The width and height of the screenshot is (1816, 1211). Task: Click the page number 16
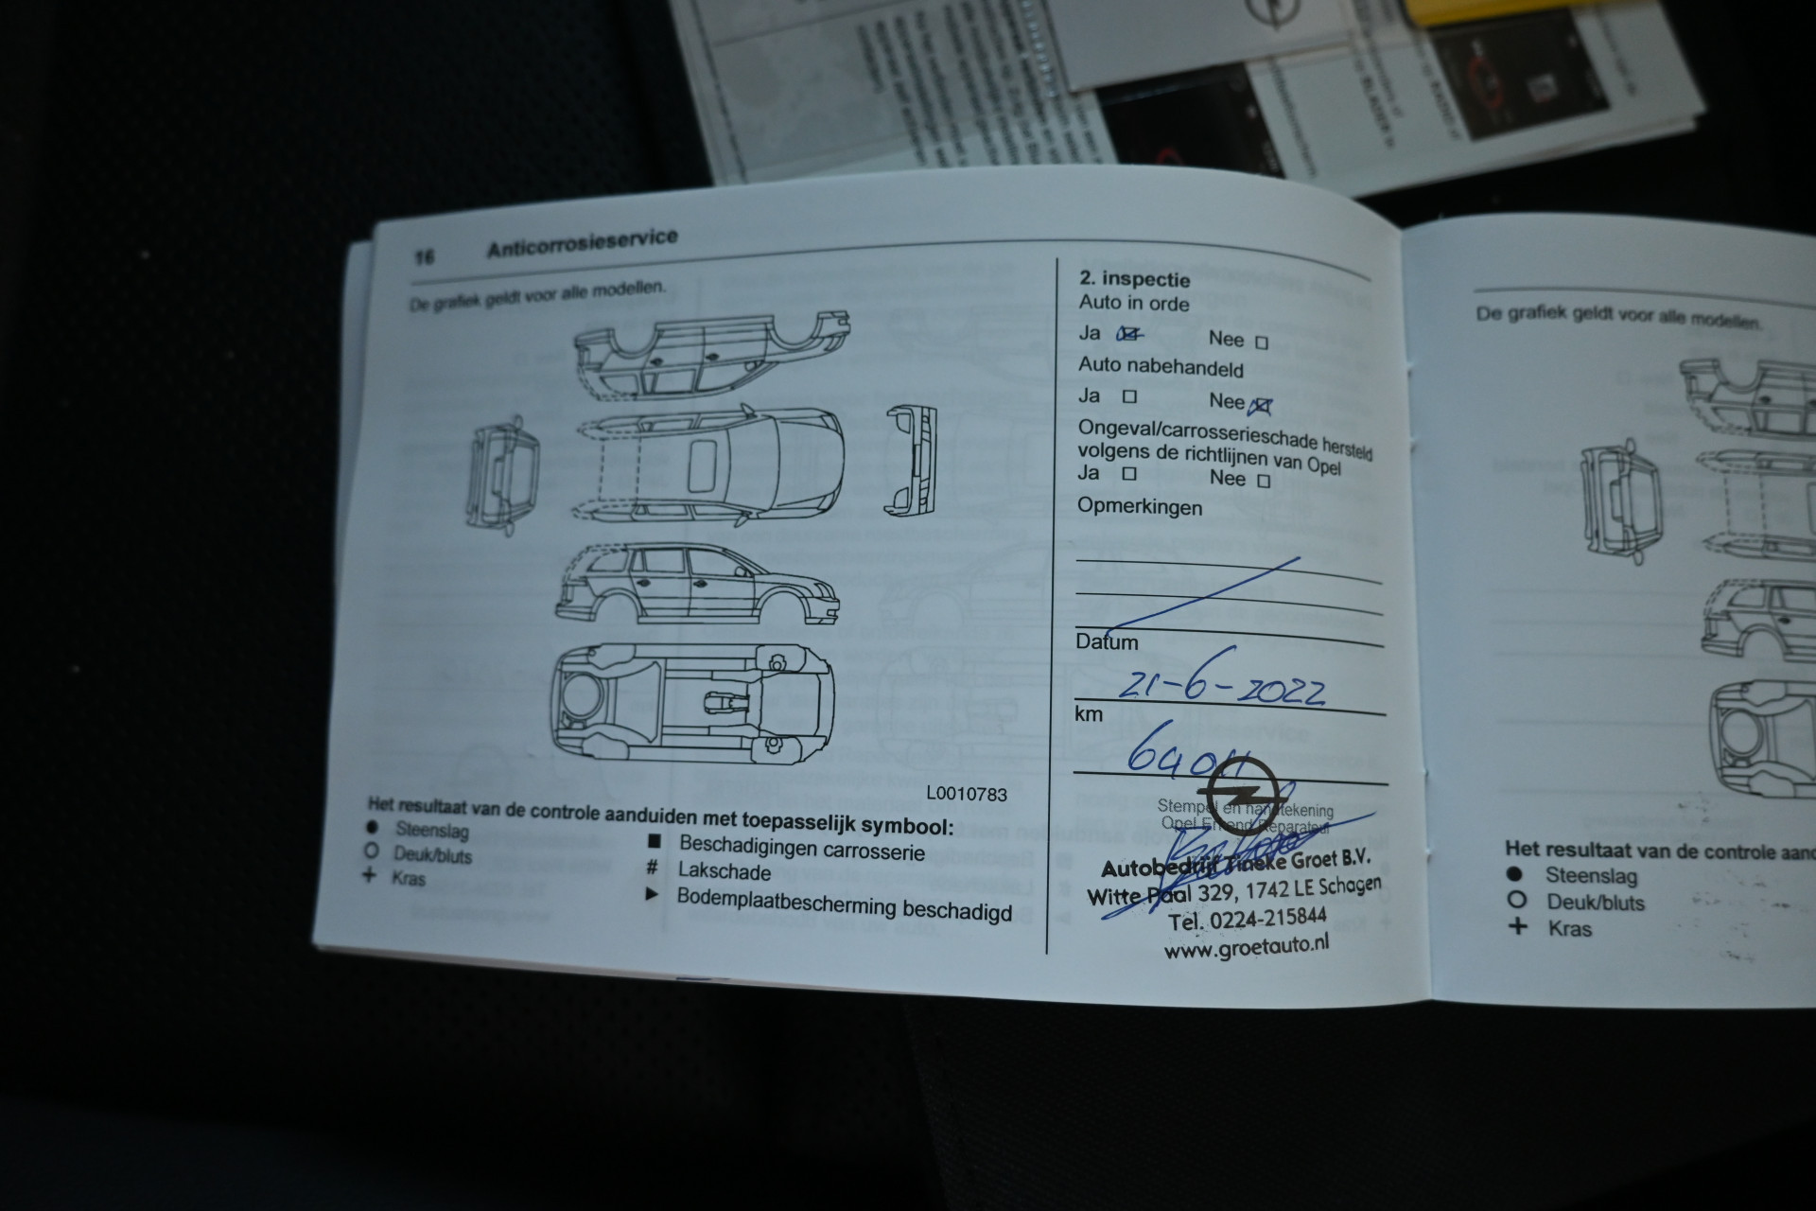click(424, 256)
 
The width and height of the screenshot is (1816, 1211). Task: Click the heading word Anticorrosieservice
click(582, 242)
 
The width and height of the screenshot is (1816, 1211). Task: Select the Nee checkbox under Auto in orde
click(1261, 342)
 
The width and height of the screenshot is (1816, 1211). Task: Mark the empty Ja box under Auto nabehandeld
click(1129, 397)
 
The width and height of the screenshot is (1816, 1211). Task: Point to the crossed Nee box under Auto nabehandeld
click(1260, 407)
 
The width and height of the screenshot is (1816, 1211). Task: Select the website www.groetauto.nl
click(1246, 946)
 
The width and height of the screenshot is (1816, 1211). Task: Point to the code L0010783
click(966, 794)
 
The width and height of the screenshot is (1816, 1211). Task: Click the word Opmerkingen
click(1140, 507)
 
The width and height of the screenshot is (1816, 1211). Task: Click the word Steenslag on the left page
click(432, 831)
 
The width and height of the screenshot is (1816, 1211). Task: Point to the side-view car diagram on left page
click(697, 585)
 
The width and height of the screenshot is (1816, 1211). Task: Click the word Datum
click(1107, 641)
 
